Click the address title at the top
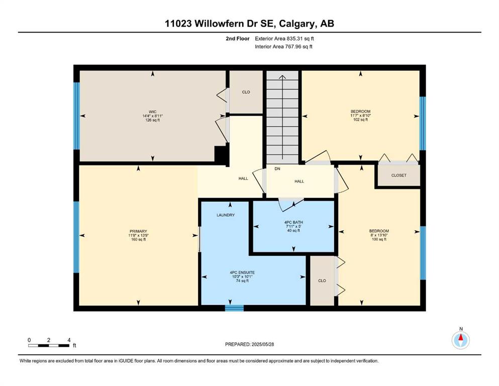249,24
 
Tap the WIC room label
153,112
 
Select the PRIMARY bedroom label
138,231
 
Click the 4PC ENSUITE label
242,272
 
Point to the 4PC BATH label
293,222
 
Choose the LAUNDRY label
226,215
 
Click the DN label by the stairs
277,169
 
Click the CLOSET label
399,175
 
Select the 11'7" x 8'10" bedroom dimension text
361,116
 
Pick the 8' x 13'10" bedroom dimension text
379,235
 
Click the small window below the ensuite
234,308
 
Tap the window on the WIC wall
76,116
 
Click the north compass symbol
460,340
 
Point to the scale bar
49,345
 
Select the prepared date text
249,344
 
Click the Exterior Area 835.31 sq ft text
284,39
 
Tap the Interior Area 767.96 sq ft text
283,47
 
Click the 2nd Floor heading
238,39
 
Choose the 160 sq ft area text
138,239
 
